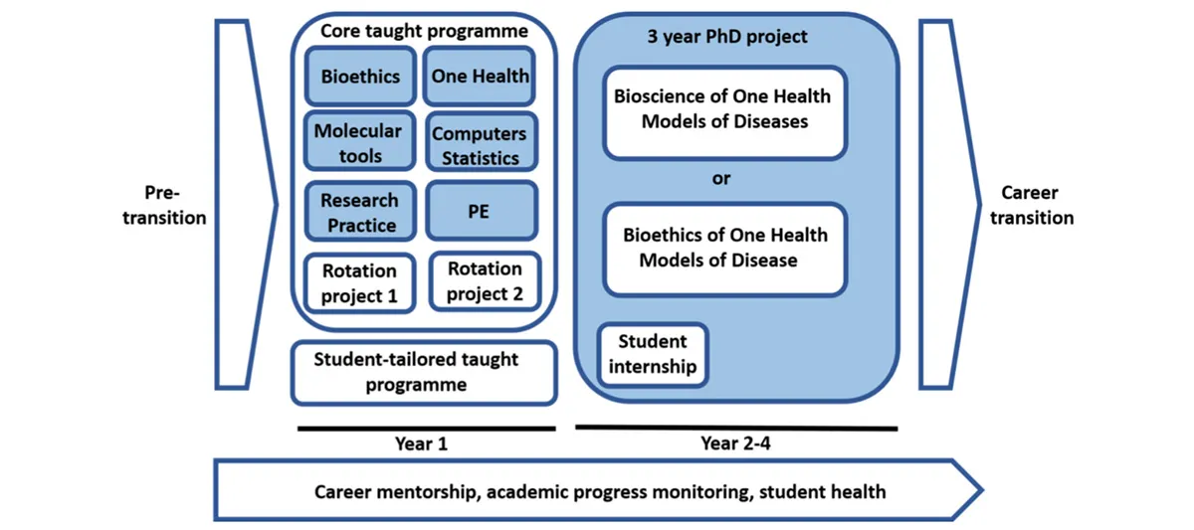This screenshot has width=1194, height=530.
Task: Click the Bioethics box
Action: point(360,76)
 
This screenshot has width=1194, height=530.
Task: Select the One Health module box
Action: point(480,76)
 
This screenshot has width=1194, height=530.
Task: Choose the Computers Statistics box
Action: point(481,145)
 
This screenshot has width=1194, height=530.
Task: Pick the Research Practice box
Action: point(359,212)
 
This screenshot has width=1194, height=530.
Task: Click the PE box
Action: point(481,211)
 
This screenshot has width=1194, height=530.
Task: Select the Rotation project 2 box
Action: point(485,281)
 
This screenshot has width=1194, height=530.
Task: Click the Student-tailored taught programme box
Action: point(423,372)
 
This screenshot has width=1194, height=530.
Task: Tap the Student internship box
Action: point(653,354)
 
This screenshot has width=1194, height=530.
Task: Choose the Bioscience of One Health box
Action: point(723,110)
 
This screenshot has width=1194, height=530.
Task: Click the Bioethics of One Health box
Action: point(723,248)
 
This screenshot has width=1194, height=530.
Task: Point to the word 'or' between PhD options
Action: point(721,179)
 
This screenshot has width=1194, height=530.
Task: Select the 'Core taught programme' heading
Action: point(424,31)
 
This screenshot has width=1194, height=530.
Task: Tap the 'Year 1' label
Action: point(422,443)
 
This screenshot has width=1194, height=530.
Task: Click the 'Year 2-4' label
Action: point(735,443)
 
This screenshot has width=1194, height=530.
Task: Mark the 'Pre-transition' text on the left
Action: point(164,205)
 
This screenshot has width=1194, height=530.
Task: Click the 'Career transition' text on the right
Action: point(1031,205)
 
